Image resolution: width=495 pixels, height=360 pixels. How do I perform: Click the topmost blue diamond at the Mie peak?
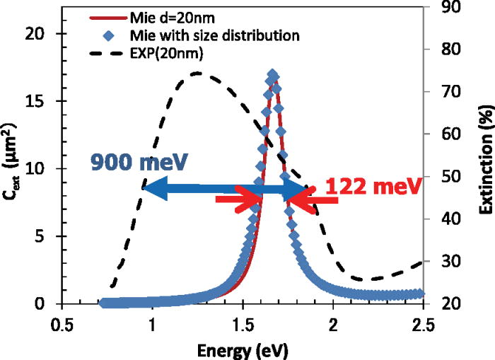click(x=273, y=74)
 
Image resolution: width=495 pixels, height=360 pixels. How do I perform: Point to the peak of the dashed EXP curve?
click(x=197, y=73)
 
